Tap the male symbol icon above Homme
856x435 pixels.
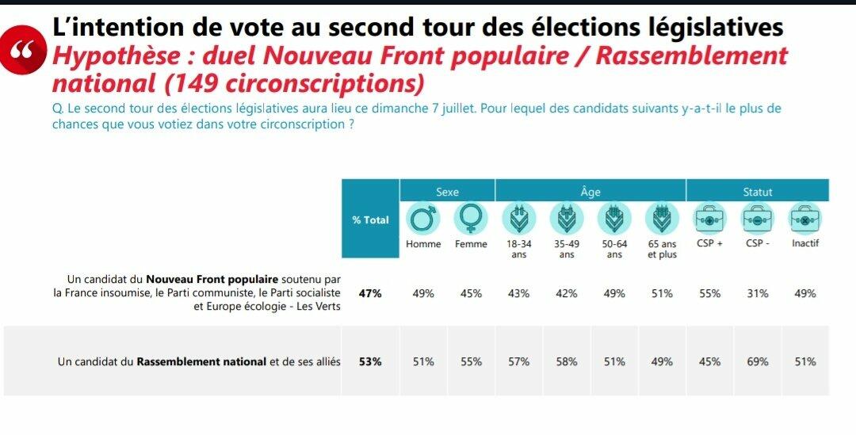[423, 219]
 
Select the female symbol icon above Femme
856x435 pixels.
[471, 219]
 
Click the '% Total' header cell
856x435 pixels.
[370, 219]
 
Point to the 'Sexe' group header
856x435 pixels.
[447, 192]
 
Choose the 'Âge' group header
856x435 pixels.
[590, 192]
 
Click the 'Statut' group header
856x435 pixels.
[757, 192]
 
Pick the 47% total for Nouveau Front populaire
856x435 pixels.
[370, 293]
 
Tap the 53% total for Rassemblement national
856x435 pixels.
[370, 362]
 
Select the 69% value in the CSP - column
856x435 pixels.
[757, 362]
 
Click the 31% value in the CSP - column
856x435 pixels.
[757, 293]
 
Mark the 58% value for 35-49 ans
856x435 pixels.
[567, 362]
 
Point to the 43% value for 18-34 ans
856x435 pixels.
[518, 293]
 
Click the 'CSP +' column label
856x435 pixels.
[709, 244]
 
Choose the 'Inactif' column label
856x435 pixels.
[804, 244]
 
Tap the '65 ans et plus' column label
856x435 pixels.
[662, 249]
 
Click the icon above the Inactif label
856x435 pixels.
[804, 219]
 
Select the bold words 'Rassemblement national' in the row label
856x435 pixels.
[201, 362]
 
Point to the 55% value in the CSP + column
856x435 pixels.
[709, 293]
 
